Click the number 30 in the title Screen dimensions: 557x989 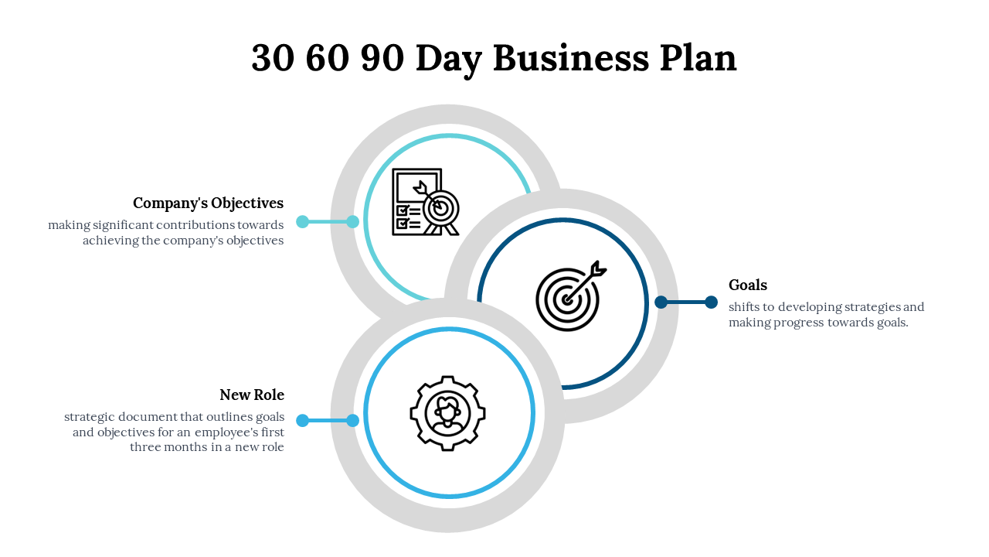(x=273, y=59)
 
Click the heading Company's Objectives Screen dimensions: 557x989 (x=208, y=203)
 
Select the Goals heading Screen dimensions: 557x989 (x=748, y=285)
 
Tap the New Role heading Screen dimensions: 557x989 (x=252, y=395)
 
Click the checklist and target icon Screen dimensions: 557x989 (x=425, y=202)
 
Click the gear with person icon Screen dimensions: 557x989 (x=447, y=414)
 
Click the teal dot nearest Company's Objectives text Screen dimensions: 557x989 (x=303, y=222)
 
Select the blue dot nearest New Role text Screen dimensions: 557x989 (x=303, y=421)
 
